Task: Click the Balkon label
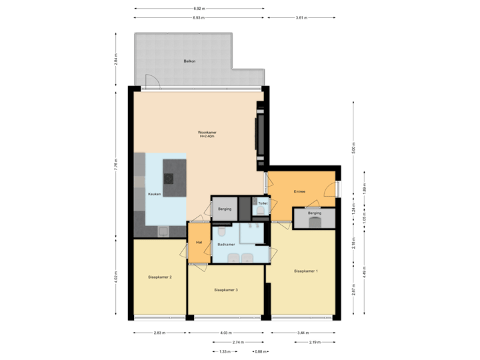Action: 189,61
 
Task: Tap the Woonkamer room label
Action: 207,134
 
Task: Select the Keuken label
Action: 154,193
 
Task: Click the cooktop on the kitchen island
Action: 168,177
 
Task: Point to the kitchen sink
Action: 162,231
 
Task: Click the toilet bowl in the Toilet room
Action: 260,211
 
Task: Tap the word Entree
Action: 299,192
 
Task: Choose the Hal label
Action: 199,242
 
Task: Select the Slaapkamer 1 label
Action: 306,271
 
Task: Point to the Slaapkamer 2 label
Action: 161,276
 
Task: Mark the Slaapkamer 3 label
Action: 226,290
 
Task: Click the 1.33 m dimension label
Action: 225,351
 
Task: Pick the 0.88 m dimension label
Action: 260,351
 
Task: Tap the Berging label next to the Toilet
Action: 225,209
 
